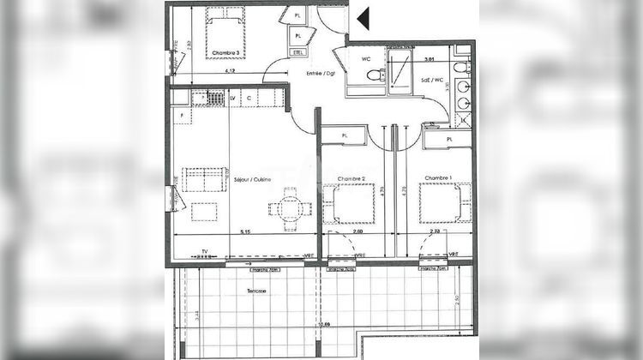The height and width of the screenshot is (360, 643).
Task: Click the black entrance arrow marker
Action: coord(363,19)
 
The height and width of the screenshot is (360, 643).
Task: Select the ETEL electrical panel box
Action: coord(298,52)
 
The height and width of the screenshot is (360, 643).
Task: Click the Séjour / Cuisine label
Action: coord(253,179)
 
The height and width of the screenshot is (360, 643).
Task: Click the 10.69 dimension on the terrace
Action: coord(324,325)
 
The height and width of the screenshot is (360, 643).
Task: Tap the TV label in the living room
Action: coord(204,251)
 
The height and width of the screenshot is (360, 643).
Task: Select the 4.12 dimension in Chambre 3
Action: coord(230,71)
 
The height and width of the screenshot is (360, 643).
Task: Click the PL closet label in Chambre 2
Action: coord(345,135)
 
